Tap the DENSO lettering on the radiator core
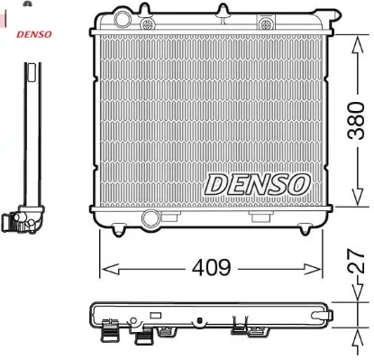pos(257,183)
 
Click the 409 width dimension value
pos(211,268)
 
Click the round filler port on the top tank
pos(123,18)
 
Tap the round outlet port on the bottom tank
pos(151,219)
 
